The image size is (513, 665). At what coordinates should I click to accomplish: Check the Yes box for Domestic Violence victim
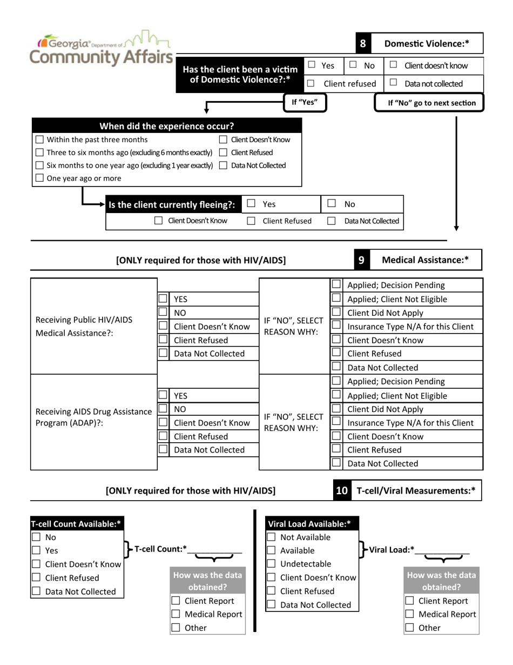coord(312,65)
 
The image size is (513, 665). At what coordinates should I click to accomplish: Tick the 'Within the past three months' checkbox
coord(40,139)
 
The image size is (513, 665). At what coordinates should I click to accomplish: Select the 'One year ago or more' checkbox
coord(40,178)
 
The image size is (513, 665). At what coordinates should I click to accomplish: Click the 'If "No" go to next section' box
coord(429,103)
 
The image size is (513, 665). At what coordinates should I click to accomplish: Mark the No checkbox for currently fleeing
coord(332,204)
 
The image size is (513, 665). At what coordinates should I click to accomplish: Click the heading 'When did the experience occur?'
coord(167,127)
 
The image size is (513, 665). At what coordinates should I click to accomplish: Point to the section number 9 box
coord(361,260)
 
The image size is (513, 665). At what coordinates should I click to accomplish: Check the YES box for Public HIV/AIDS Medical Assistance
coord(163,299)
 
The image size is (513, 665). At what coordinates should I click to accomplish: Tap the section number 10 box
coord(342,491)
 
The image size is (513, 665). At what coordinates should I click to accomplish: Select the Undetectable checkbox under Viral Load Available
coord(271,564)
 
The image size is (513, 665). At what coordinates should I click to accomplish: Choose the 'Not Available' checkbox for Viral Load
coord(271,537)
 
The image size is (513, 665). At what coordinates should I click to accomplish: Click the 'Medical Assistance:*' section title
coord(425,260)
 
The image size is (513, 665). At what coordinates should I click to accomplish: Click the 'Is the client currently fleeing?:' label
coord(172,204)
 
